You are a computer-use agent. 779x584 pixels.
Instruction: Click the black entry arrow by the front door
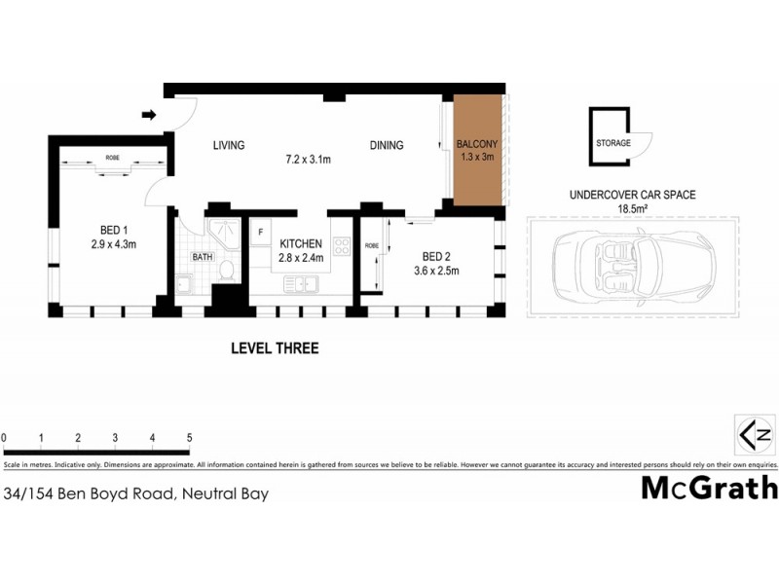148,116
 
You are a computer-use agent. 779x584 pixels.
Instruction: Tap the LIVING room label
229,146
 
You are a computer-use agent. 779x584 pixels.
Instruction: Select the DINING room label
387,146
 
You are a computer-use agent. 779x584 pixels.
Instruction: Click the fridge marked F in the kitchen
261,234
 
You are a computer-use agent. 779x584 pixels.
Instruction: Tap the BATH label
203,258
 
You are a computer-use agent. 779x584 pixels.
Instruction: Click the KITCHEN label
301,243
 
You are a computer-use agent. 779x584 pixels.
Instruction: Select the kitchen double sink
301,284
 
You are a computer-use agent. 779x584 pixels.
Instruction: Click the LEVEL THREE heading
274,347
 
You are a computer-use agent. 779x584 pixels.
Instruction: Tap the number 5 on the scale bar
189,438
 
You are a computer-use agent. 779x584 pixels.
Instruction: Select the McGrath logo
709,488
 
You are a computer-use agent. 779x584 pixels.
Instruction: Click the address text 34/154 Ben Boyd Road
136,493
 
